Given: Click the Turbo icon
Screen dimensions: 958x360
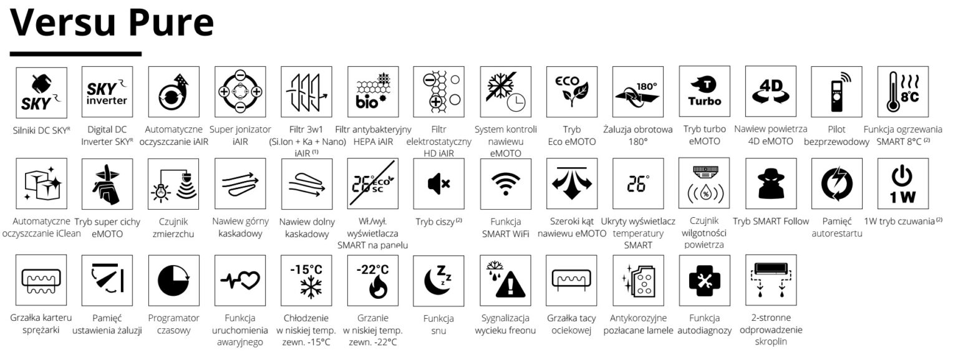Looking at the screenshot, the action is [x=704, y=91].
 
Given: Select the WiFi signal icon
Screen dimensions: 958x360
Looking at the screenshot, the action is [x=506, y=183].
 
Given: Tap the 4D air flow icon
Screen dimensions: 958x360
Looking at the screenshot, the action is [x=771, y=91].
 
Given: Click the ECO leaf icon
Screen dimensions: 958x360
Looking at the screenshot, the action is [x=572, y=92].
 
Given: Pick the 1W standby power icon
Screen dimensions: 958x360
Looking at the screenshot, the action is [x=903, y=183].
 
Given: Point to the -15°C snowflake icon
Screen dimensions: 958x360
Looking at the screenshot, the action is [x=306, y=280].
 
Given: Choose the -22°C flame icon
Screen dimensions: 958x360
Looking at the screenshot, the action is [x=373, y=280].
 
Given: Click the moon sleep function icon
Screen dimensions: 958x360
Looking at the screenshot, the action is [x=438, y=281].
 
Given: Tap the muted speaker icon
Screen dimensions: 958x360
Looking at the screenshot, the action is [x=439, y=183].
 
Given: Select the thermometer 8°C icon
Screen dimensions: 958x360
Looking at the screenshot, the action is [x=903, y=92].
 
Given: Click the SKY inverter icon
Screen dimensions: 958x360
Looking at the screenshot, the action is [x=107, y=92].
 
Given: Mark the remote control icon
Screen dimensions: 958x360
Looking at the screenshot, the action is [x=836, y=92].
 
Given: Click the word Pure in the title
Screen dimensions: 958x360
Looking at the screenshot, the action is [x=171, y=22].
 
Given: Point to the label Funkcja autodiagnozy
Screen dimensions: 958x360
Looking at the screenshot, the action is [x=704, y=324].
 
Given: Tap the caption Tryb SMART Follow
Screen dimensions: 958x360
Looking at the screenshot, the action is [x=771, y=221].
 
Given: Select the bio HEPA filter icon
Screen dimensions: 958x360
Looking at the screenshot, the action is [x=373, y=92].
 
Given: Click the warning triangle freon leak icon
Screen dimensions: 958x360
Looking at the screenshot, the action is [x=506, y=280].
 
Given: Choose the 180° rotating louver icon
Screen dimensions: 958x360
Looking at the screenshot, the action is [x=637, y=92].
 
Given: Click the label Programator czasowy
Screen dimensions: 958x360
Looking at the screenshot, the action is [x=173, y=324].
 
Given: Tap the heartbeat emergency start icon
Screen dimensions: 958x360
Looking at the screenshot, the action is [x=240, y=280].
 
